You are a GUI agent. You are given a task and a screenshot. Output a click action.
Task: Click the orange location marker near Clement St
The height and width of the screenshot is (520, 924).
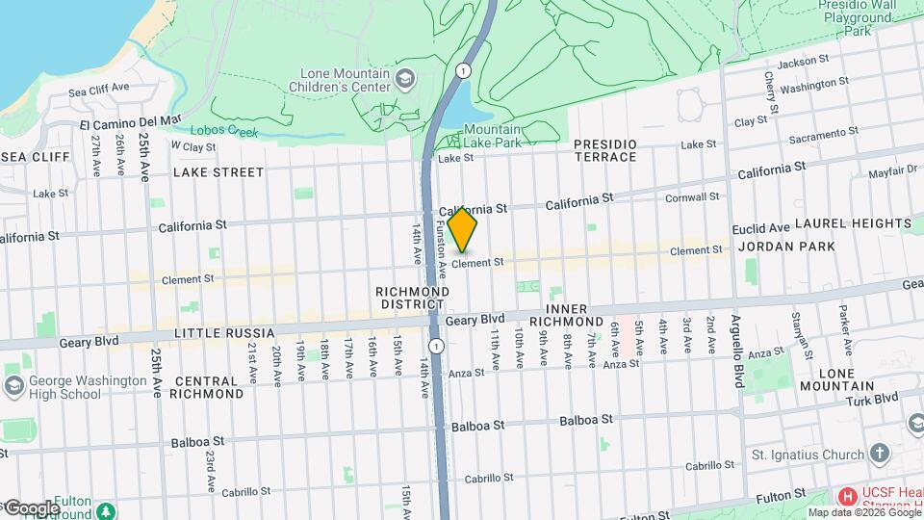[x=463, y=229]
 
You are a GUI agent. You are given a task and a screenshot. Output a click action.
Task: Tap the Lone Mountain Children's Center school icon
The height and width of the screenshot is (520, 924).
[x=406, y=77]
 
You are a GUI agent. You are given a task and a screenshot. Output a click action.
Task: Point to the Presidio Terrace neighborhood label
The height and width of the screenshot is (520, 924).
[x=604, y=150]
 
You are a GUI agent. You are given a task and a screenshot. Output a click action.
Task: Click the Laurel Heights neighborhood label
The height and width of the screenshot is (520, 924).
[x=852, y=223]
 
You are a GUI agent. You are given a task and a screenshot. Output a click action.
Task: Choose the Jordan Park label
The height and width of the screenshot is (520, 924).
[x=775, y=247]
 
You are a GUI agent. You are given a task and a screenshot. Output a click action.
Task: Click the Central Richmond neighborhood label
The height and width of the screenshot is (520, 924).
[x=207, y=386]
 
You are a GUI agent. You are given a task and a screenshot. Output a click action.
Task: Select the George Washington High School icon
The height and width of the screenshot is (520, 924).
[x=13, y=385]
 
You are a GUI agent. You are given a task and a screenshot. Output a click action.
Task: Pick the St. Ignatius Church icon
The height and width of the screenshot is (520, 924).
[x=880, y=453]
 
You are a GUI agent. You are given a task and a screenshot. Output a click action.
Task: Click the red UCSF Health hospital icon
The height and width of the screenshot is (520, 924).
[x=847, y=497]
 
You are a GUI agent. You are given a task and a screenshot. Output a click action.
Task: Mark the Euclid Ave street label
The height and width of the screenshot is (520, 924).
[x=760, y=228]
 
